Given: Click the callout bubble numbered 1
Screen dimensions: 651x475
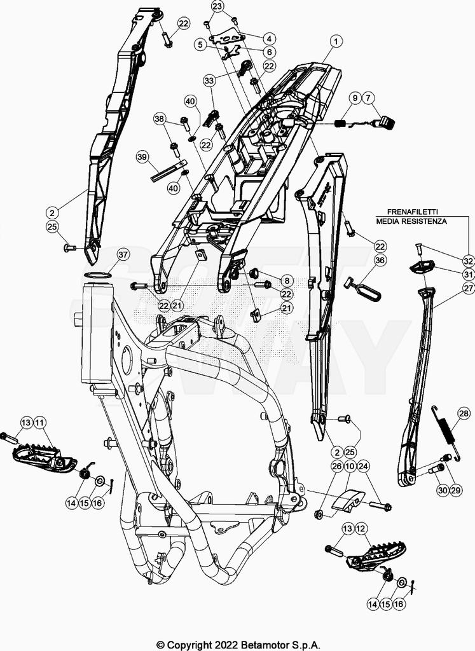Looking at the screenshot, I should point(335,42).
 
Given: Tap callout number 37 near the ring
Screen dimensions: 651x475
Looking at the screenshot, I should point(123,255).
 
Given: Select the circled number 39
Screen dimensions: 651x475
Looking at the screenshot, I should point(142,156).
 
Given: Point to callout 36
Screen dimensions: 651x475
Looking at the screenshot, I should point(380,260).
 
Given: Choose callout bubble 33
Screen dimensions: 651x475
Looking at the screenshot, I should point(210,81).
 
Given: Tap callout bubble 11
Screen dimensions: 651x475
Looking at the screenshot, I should point(40,422).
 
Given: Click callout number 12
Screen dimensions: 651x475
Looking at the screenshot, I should point(360,528).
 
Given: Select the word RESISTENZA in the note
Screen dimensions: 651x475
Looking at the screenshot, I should point(424,222).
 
